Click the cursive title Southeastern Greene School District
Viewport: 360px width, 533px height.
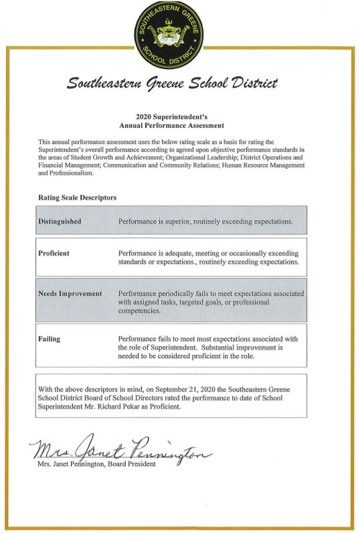click(x=172, y=84)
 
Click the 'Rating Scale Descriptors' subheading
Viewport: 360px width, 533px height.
click(x=78, y=198)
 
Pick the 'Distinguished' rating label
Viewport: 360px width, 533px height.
click(x=63, y=221)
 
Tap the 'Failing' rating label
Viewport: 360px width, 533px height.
click(x=50, y=339)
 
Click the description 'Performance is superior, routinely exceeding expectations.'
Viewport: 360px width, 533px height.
click(x=205, y=221)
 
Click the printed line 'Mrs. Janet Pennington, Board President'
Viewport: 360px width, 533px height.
click(x=96, y=465)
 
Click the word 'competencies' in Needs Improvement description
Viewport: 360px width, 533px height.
click(x=139, y=311)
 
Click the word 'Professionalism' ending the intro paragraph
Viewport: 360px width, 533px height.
click(x=74, y=173)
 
